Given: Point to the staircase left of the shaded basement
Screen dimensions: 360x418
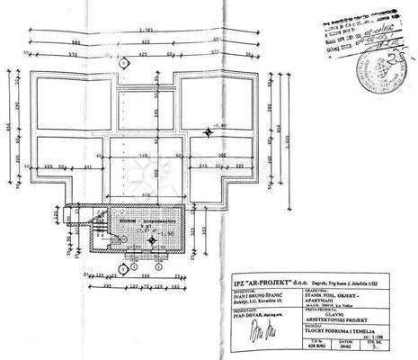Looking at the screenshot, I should click(x=100, y=224).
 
